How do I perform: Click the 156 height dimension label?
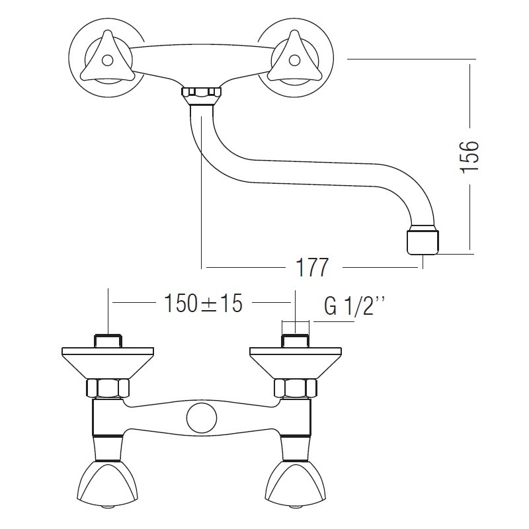click(x=469, y=157)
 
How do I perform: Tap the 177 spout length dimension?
click(x=311, y=268)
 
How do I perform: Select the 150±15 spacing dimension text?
click(x=203, y=304)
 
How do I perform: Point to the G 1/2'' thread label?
click(x=354, y=305)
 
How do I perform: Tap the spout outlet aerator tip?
click(x=423, y=242)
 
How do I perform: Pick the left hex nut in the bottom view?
click(x=108, y=388)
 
